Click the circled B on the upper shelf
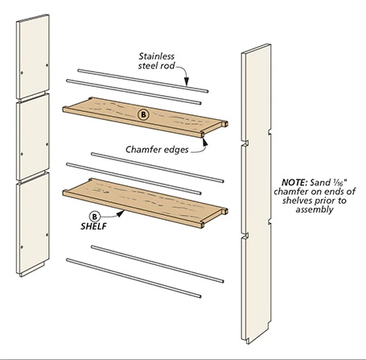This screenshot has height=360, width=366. pyautogui.click(x=143, y=115)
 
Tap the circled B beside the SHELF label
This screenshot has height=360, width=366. pyautogui.click(x=94, y=217)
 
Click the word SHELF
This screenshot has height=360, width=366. pyautogui.click(x=93, y=226)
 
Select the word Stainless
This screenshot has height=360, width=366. pyautogui.click(x=156, y=56)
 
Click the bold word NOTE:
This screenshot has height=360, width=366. pyautogui.click(x=294, y=183)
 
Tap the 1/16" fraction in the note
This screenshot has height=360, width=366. pyautogui.click(x=339, y=182)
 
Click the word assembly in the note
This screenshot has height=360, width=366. pyautogui.click(x=315, y=209)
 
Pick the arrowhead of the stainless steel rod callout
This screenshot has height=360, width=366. pyautogui.click(x=187, y=81)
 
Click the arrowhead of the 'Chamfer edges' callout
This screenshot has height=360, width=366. pyautogui.click(x=205, y=142)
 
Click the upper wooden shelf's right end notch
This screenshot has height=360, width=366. pyautogui.click(x=224, y=124)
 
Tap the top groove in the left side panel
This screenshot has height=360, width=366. pyautogui.click(x=33, y=95)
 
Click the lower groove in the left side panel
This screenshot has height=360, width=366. pyautogui.click(x=33, y=176)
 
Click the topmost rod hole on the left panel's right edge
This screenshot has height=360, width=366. pyautogui.click(x=47, y=65)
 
